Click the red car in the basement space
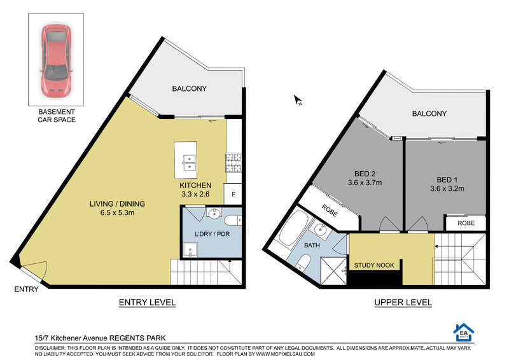(x=56, y=59)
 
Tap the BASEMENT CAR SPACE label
(x=57, y=116)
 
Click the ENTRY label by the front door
(x=26, y=289)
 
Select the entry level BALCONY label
(x=189, y=88)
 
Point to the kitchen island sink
(x=188, y=162)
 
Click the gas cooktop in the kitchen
(x=234, y=162)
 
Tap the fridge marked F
(x=233, y=194)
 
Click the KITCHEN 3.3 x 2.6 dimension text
(x=195, y=190)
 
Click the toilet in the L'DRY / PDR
(x=233, y=221)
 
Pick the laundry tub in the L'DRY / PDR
(x=190, y=250)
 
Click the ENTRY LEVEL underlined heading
(x=147, y=303)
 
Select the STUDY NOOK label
(x=374, y=265)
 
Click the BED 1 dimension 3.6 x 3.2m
(x=447, y=189)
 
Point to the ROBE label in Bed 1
(x=466, y=223)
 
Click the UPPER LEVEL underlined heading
(x=403, y=303)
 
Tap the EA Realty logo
(x=464, y=333)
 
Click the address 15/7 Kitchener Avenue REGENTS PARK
(x=101, y=338)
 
